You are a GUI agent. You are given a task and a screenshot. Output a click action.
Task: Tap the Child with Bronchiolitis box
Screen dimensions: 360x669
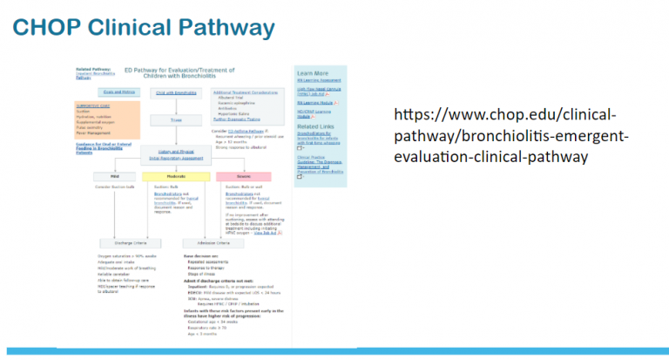(176, 92)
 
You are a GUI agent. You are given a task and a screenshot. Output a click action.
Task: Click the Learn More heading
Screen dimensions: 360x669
(311, 73)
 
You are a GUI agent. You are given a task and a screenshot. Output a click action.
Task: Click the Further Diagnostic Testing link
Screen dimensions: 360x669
(240, 121)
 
